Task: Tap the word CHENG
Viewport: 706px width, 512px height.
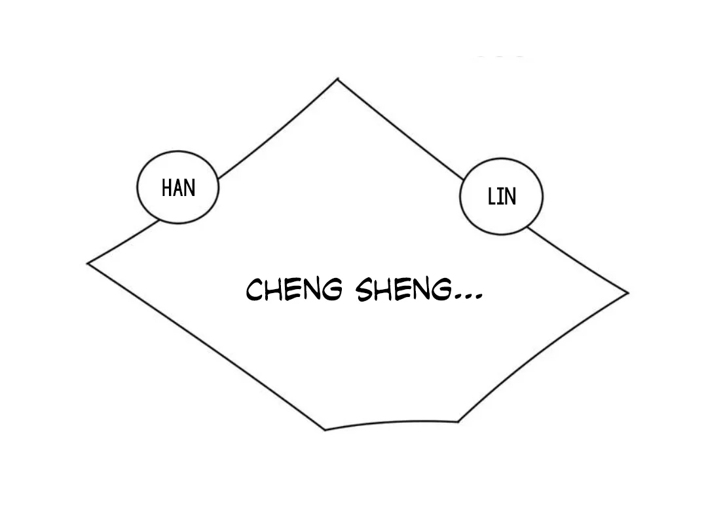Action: click(294, 289)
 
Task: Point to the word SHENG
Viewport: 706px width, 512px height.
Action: click(403, 289)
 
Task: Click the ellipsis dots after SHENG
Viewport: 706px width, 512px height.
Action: click(468, 297)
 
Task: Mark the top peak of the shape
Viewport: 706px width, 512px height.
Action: click(338, 79)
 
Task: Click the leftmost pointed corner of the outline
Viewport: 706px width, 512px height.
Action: click(88, 264)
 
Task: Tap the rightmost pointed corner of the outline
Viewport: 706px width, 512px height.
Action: click(628, 293)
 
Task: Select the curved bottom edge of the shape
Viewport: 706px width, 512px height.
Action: click(392, 423)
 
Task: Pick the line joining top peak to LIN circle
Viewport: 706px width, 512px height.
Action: click(401, 129)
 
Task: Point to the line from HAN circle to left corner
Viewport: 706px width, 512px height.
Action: click(123, 243)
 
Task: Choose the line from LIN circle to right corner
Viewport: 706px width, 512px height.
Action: click(578, 260)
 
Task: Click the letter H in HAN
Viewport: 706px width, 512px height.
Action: click(166, 188)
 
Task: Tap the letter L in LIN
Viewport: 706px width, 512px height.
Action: click(492, 197)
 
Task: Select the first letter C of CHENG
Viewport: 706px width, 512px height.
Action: click(254, 290)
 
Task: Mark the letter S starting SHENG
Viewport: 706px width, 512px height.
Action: click(364, 290)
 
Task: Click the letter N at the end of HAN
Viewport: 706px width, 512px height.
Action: click(190, 188)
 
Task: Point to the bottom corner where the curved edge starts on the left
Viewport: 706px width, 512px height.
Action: click(325, 430)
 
